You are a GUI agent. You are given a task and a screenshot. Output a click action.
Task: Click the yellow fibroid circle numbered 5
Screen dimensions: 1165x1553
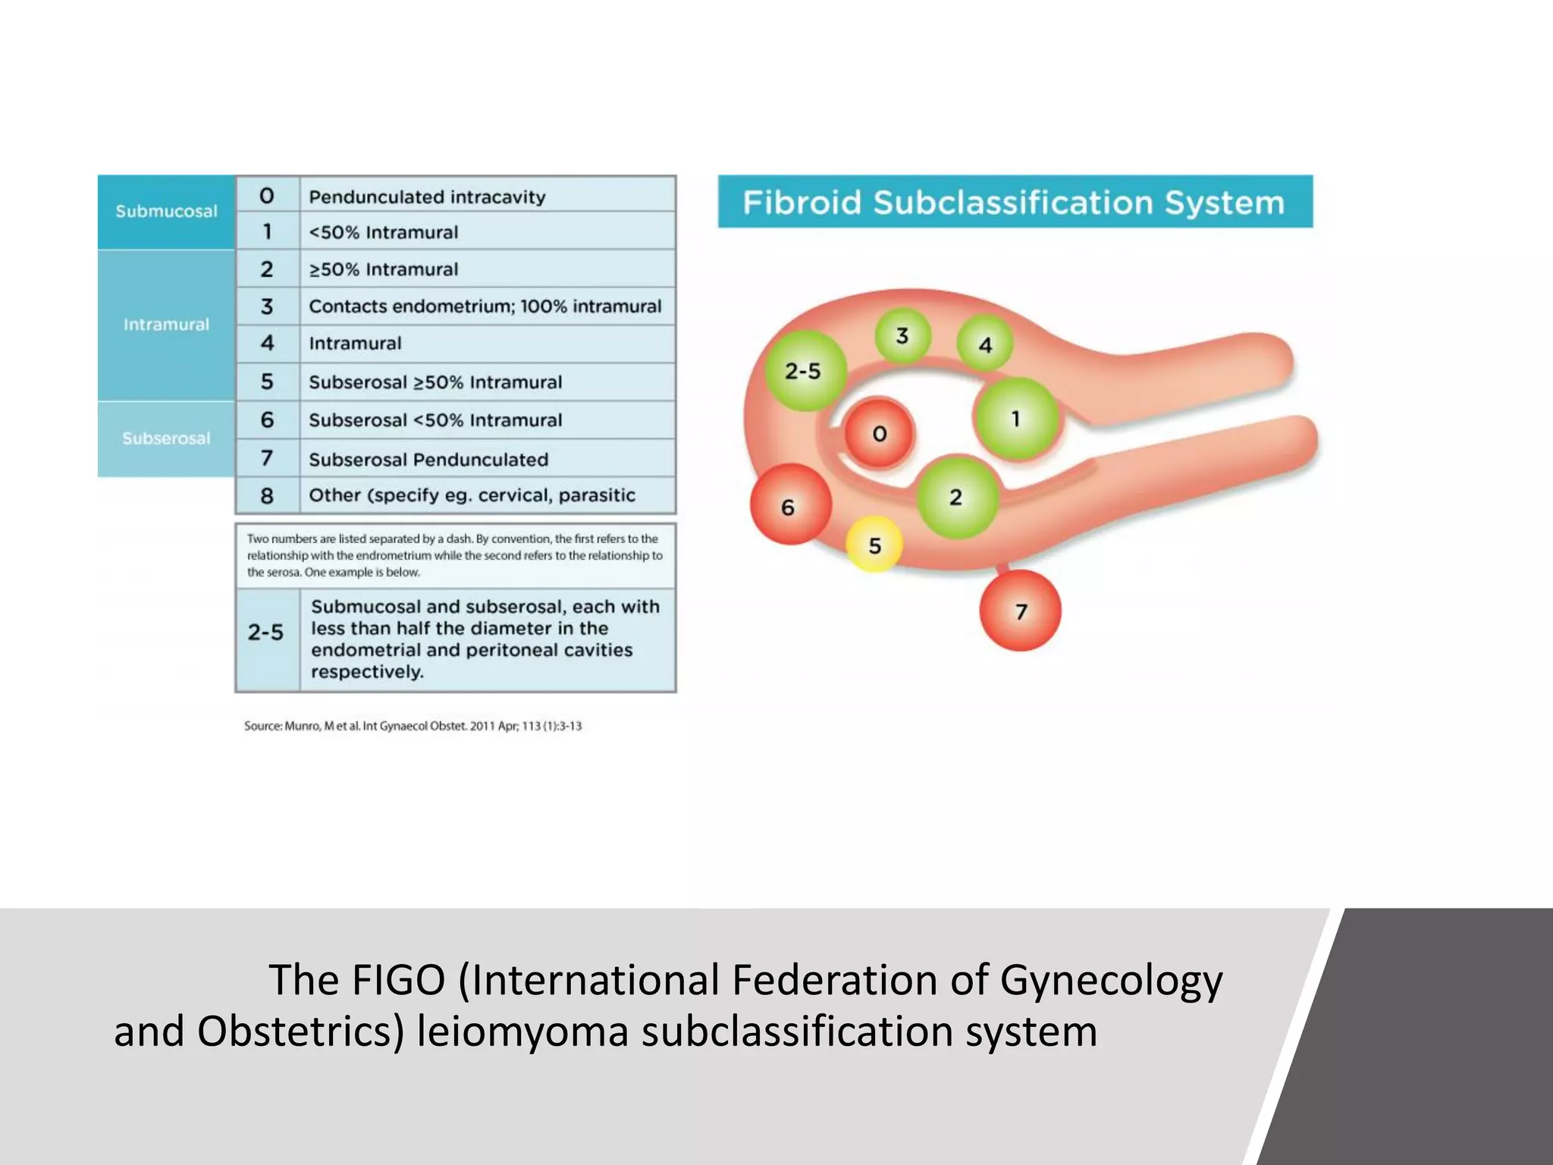(x=874, y=545)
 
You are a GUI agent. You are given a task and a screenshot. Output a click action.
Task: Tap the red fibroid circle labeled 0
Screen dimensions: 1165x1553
(x=879, y=433)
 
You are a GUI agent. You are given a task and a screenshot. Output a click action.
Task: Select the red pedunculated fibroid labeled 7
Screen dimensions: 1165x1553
(x=1020, y=611)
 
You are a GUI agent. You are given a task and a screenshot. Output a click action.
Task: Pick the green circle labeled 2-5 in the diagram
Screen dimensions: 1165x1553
(x=803, y=371)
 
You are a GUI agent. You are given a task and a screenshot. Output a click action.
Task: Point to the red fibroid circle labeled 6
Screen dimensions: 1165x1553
(x=789, y=506)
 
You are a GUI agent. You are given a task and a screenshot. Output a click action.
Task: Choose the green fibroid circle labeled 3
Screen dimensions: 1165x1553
(x=902, y=335)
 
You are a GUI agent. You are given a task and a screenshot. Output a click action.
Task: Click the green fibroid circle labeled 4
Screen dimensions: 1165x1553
(x=985, y=344)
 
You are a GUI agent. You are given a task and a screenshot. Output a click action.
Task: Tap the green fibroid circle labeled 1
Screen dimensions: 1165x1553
(x=1015, y=419)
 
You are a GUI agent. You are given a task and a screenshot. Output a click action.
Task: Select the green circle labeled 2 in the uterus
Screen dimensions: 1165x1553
(x=956, y=497)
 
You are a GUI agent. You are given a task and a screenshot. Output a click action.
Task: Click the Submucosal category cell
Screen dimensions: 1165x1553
(x=166, y=212)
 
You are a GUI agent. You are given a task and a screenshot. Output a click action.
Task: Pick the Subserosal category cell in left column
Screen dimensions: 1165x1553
(x=166, y=438)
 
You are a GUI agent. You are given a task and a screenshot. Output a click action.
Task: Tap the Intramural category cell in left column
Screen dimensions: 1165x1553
(x=166, y=325)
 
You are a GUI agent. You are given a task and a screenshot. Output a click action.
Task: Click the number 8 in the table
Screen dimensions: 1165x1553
(x=267, y=495)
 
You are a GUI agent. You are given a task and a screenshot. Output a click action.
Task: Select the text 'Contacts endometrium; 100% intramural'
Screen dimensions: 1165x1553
(x=485, y=306)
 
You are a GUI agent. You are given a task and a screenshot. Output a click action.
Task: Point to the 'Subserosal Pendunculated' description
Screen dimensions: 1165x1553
(x=428, y=459)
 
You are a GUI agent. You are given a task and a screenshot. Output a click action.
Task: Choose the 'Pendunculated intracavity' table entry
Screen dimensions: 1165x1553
(x=427, y=197)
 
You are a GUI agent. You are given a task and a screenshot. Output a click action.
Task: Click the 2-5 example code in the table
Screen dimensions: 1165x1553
(x=265, y=632)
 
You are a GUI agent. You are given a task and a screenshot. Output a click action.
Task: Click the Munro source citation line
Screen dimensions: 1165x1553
(x=413, y=726)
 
